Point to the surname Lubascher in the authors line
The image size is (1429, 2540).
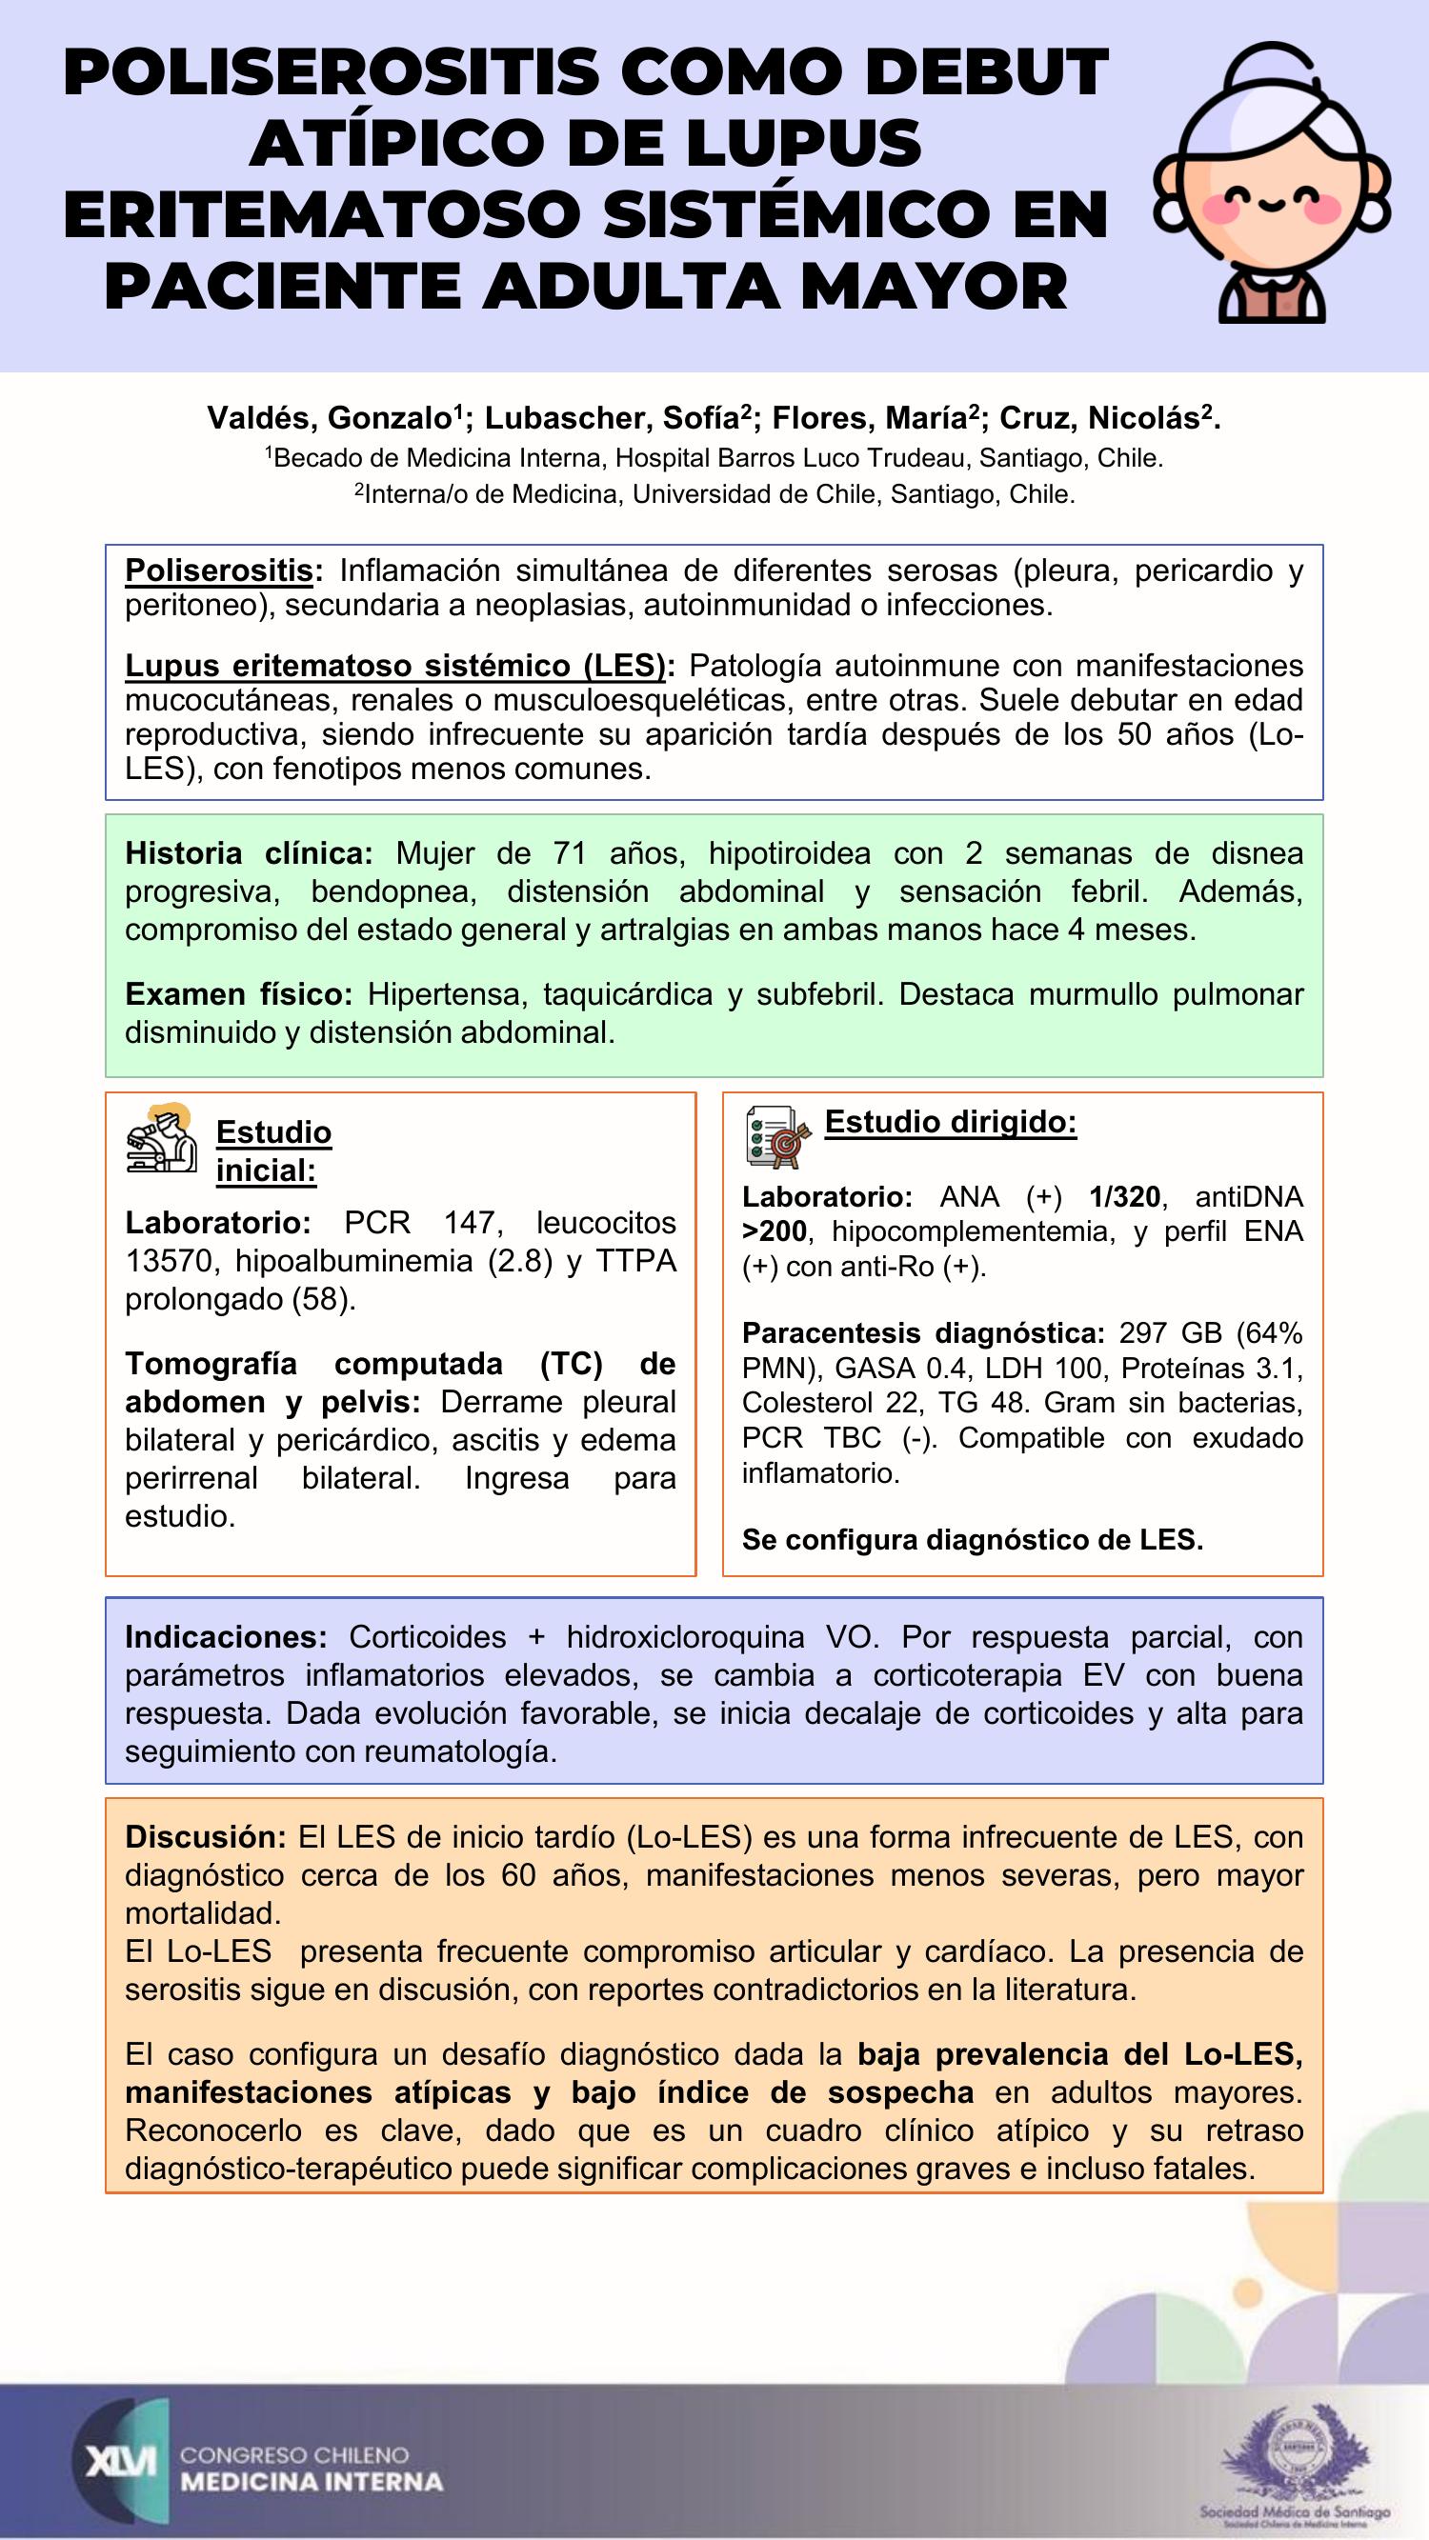(x=564, y=418)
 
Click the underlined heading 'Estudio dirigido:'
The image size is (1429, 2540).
(x=950, y=1122)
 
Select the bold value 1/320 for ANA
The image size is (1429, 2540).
(x=1124, y=1197)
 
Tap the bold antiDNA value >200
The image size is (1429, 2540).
(x=775, y=1231)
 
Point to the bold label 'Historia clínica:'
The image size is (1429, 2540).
(x=249, y=853)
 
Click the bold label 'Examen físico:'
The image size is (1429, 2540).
(x=239, y=994)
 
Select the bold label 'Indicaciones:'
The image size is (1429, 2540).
(x=226, y=1637)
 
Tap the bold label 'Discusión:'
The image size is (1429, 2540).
(x=205, y=1837)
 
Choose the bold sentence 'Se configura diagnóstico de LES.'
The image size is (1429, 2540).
(x=973, y=1539)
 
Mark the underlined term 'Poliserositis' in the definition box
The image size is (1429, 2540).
(x=218, y=570)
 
